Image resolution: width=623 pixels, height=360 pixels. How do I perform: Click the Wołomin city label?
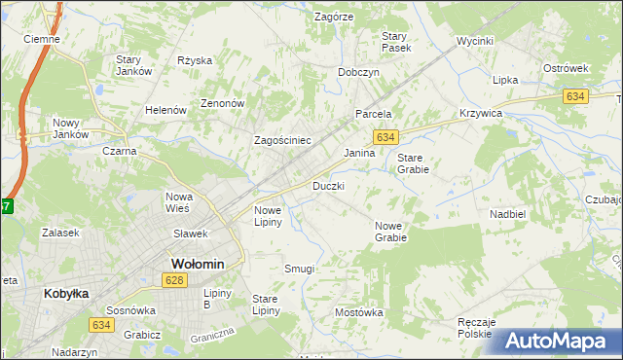(198, 264)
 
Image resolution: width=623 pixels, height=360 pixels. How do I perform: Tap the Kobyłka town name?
(66, 292)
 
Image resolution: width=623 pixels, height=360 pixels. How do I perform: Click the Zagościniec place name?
(282, 140)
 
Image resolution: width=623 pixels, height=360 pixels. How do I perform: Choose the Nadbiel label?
(508, 213)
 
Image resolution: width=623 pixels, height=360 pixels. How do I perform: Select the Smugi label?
(299, 268)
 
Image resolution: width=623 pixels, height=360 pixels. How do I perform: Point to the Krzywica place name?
(480, 114)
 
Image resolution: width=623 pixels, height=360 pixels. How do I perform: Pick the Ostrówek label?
(567, 68)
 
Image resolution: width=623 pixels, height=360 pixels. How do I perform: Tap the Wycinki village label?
(476, 42)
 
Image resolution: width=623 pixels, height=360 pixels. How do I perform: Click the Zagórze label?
(334, 17)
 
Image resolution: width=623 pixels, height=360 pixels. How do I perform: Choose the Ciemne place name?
(42, 40)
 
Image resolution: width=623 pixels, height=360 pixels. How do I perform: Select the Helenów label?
(165, 110)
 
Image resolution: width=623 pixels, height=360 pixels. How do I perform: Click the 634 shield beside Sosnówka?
(101, 324)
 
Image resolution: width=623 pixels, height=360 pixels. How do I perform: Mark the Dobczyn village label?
(358, 72)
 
